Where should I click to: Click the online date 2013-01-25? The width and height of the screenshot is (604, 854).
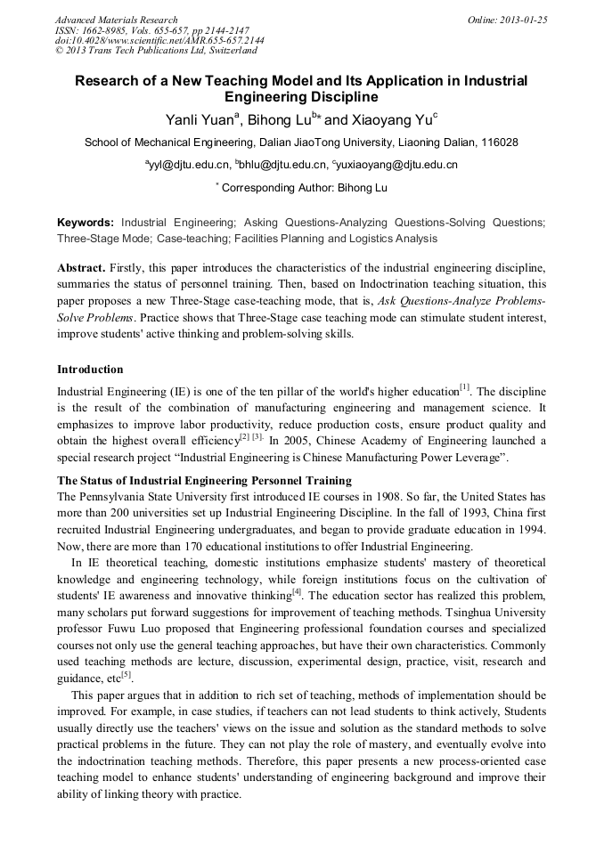pyautogui.click(x=520, y=20)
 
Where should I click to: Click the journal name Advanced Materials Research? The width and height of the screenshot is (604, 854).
pyautogui.click(x=116, y=20)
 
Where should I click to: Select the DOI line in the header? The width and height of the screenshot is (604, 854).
pyautogui.click(x=159, y=41)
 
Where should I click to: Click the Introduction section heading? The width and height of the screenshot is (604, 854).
pyautogui.click(x=90, y=370)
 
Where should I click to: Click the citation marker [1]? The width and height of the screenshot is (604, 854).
pyautogui.click(x=464, y=387)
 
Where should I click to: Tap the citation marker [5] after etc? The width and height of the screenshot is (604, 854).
pyautogui.click(x=127, y=675)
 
